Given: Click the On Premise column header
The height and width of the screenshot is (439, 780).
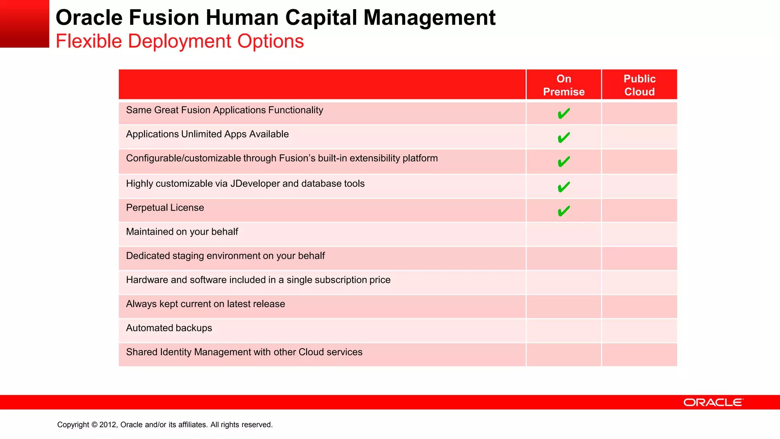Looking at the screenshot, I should point(564,85).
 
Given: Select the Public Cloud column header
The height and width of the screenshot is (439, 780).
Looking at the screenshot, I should point(639,85).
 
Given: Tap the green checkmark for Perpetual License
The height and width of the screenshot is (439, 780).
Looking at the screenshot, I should point(564,211).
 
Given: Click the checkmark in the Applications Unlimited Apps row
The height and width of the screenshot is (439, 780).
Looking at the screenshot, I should point(564,137).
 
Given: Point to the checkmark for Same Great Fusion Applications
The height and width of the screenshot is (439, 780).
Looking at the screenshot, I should point(564,114).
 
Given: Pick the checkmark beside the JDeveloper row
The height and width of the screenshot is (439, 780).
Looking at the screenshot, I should point(564,187).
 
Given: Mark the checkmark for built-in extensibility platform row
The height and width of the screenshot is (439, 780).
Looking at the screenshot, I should point(564,162).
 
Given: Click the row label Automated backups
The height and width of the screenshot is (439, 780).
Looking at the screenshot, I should point(169,328).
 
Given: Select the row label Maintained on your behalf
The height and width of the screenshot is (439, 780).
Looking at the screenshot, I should point(182,232).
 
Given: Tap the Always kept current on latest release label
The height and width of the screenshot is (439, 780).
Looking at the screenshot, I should point(205,304).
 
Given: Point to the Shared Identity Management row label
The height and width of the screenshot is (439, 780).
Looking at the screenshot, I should point(244,352).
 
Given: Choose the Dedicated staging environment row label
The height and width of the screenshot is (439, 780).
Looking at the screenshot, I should point(225,256).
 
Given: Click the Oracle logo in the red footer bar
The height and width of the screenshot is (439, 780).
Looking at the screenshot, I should point(713,402).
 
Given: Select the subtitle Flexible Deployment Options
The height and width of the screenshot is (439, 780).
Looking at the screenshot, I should point(180,41).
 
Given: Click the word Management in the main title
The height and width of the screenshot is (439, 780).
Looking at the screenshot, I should point(429,18).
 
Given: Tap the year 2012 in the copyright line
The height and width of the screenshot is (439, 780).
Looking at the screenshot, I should point(108,425).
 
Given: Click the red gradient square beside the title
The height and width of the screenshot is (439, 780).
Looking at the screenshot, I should point(24,24).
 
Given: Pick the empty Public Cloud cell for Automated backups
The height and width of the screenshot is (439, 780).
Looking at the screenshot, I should point(639,330).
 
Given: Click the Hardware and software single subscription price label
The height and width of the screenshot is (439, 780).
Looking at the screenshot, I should point(258,280).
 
